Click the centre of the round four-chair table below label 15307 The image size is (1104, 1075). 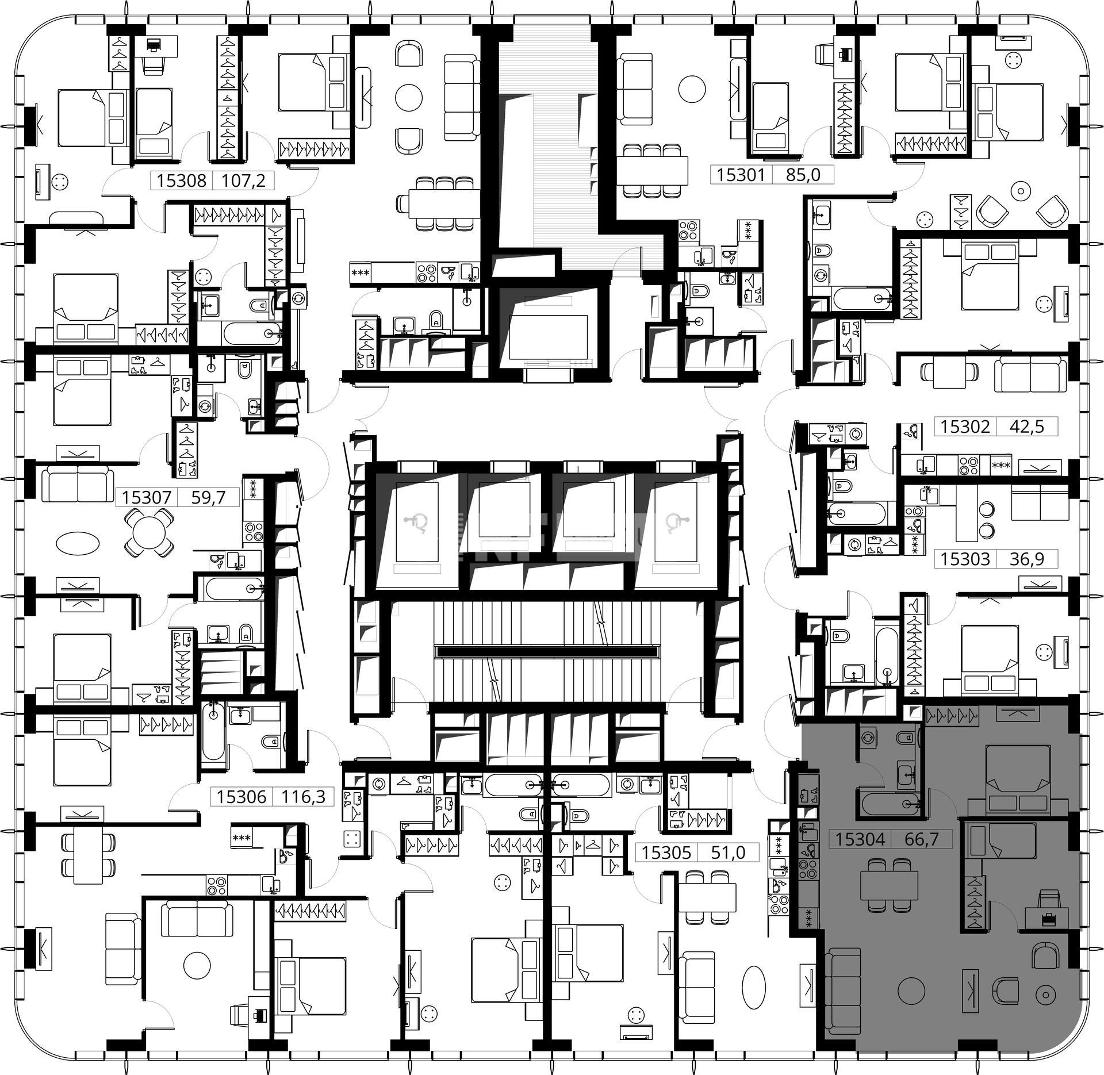pyautogui.click(x=149, y=534)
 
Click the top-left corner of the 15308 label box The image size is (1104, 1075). pyautogui.click(x=151, y=172)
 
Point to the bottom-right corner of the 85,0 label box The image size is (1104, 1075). pyautogui.click(x=834, y=183)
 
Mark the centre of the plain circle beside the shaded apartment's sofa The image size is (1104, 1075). pyautogui.click(x=911, y=990)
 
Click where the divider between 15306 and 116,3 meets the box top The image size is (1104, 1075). pyautogui.click(x=273, y=787)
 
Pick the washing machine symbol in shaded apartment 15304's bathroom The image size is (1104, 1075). pyautogui.click(x=868, y=738)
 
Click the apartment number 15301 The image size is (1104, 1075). pyautogui.click(x=741, y=174)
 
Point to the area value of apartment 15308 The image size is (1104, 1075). pyautogui.click(x=244, y=181)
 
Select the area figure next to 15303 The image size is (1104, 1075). pyautogui.click(x=1027, y=559)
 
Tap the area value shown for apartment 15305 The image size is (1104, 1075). pyautogui.click(x=728, y=852)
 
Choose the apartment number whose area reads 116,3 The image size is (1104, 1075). pyautogui.click(x=241, y=796)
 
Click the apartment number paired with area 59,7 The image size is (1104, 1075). pyautogui.click(x=147, y=497)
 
